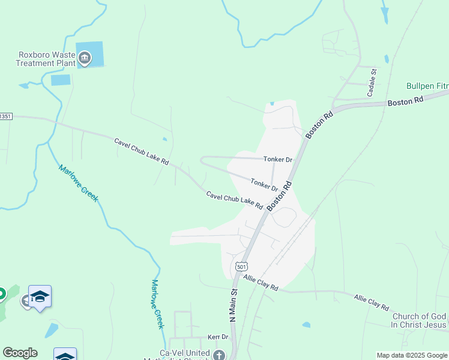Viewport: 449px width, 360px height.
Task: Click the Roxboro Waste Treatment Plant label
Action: [x=46, y=58]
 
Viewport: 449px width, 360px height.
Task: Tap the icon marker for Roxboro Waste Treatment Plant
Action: [x=85, y=58]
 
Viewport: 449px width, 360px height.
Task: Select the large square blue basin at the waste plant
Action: [x=90, y=54]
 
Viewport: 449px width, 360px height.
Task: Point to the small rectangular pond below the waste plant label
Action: [x=61, y=80]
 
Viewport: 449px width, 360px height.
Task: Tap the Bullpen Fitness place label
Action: [x=427, y=86]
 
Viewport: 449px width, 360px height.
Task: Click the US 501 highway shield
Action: [x=241, y=266]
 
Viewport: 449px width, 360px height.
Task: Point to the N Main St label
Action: [x=234, y=306]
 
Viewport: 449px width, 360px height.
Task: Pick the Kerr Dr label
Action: [x=218, y=338]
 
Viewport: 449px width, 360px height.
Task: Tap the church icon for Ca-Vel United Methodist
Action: [x=218, y=355]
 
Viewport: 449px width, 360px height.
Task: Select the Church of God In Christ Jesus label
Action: [x=419, y=320]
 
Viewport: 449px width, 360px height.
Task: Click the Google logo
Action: [x=20, y=353]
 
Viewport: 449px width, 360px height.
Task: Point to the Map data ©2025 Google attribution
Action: [x=411, y=355]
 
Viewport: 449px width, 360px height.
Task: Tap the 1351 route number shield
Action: [x=5, y=116]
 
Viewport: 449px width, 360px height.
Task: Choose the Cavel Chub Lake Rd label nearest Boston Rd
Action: [x=235, y=200]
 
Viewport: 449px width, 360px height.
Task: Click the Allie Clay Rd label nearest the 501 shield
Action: [x=261, y=283]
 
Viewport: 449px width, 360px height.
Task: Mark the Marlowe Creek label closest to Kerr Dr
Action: [x=157, y=304]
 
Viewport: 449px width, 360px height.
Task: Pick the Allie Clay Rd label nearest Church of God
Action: [x=371, y=302]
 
